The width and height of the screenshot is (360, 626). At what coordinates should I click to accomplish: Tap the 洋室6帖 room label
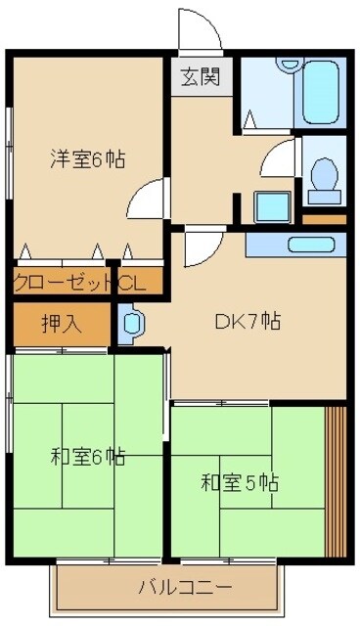pyautogui.click(x=88, y=159)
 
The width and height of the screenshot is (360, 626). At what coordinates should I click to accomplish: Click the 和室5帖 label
pyautogui.click(x=240, y=482)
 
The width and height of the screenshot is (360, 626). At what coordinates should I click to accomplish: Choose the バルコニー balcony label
pyautogui.click(x=185, y=588)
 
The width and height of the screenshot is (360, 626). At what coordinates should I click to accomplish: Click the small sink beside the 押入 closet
pyautogui.click(x=130, y=324)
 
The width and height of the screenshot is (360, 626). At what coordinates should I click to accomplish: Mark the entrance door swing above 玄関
pyautogui.click(x=198, y=31)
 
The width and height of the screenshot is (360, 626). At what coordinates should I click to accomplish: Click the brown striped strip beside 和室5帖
pyautogui.click(x=335, y=478)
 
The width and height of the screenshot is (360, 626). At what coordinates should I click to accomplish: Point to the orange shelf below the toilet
pyautogui.click(x=324, y=218)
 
